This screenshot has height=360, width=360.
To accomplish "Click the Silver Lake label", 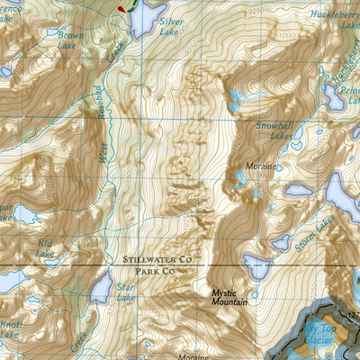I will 170,25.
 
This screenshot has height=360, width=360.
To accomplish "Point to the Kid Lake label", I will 44,248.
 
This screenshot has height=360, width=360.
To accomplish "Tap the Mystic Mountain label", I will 231,298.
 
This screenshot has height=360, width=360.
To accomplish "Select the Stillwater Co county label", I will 158,259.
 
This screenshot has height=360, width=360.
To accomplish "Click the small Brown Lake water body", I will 53,32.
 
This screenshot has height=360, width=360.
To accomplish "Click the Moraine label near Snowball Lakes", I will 262,166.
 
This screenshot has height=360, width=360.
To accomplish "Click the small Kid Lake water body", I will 51,263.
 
